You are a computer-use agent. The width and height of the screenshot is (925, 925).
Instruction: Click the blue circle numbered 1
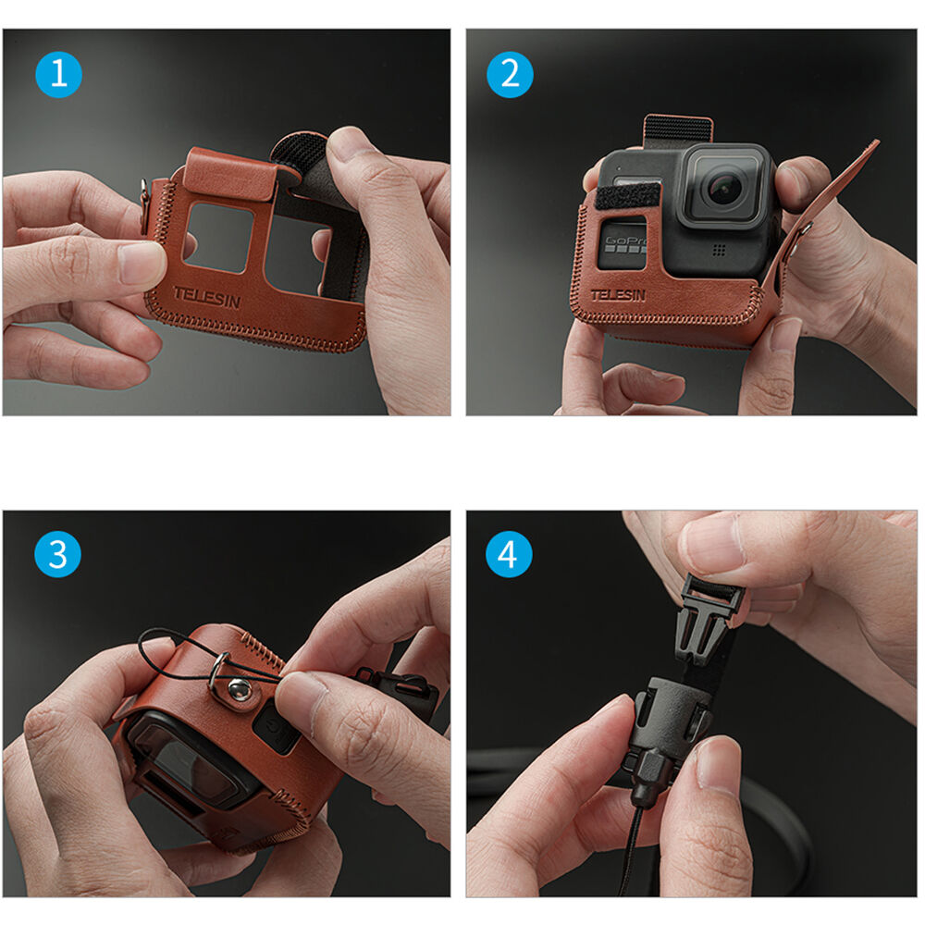pos(58,75)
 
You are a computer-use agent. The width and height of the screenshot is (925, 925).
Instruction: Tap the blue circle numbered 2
pos(510,75)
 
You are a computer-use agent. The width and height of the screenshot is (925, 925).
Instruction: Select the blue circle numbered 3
pos(58,555)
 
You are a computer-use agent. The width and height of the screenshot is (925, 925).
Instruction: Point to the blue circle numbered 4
pos(510,555)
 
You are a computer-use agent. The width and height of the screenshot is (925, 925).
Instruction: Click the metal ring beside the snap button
pos(218,668)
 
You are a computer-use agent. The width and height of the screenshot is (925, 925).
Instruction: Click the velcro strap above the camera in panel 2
pos(677,129)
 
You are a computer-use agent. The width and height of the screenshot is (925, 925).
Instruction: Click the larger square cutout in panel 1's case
pos(217,237)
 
